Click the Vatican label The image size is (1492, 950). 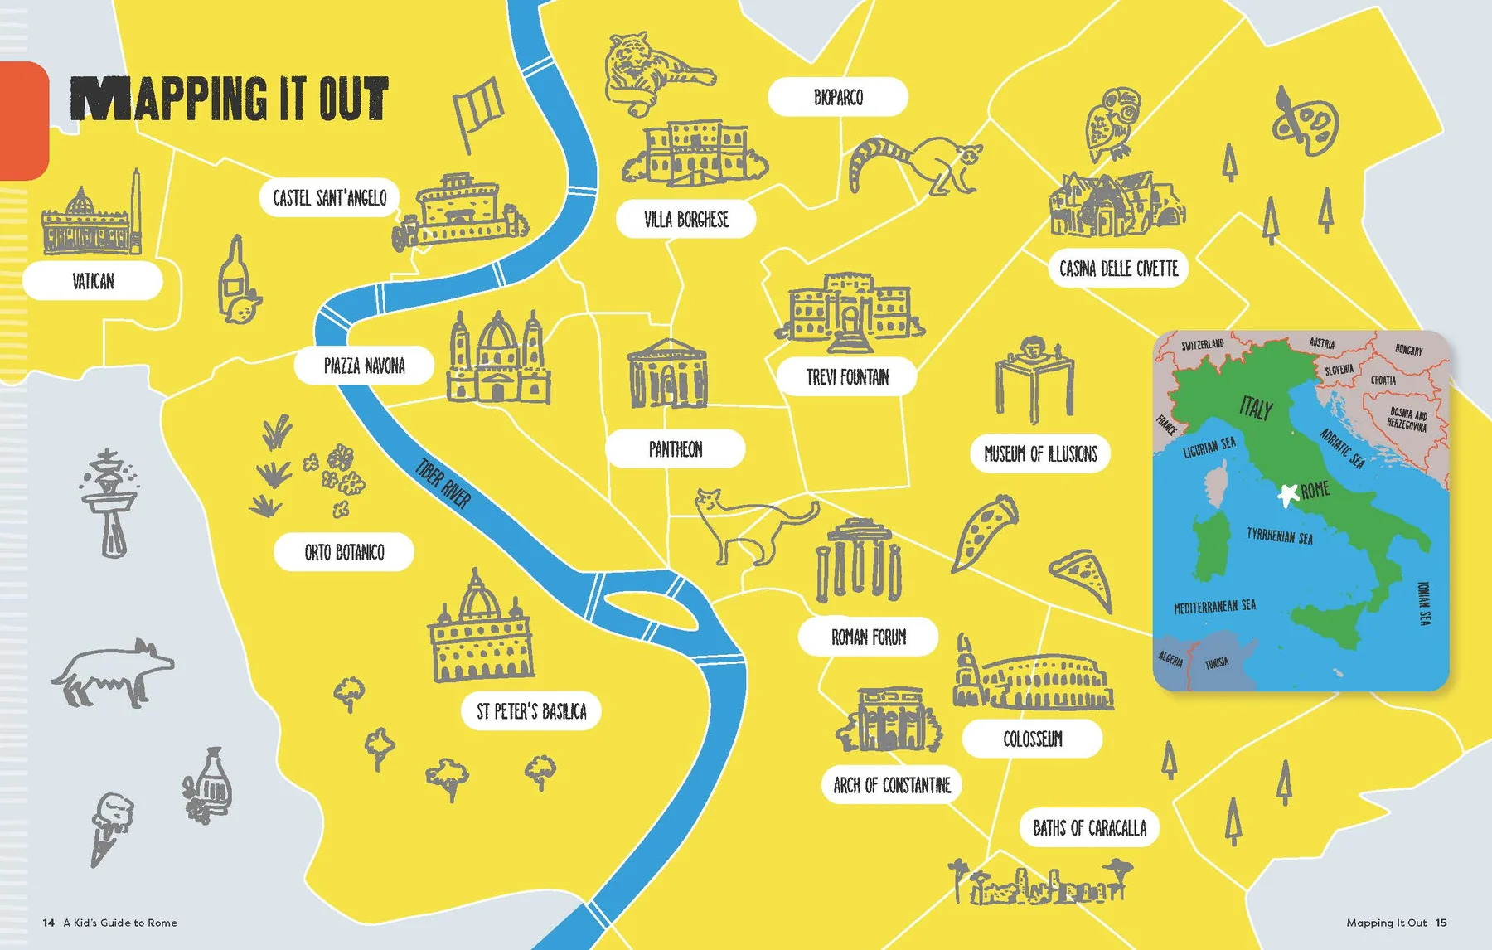click(x=93, y=281)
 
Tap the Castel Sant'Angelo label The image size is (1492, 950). click(x=330, y=198)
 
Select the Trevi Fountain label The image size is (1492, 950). click(x=847, y=377)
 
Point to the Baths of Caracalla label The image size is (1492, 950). click(x=1089, y=827)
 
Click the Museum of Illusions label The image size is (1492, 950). click(x=1040, y=453)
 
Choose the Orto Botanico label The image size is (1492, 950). click(x=344, y=552)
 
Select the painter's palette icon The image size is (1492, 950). click(x=1305, y=124)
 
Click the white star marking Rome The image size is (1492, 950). click(x=1287, y=495)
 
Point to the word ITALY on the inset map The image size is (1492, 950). click(x=1256, y=407)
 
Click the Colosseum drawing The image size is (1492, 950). click(x=1033, y=680)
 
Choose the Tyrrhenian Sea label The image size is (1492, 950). click(x=1279, y=536)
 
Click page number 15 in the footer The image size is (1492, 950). click(x=1441, y=923)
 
